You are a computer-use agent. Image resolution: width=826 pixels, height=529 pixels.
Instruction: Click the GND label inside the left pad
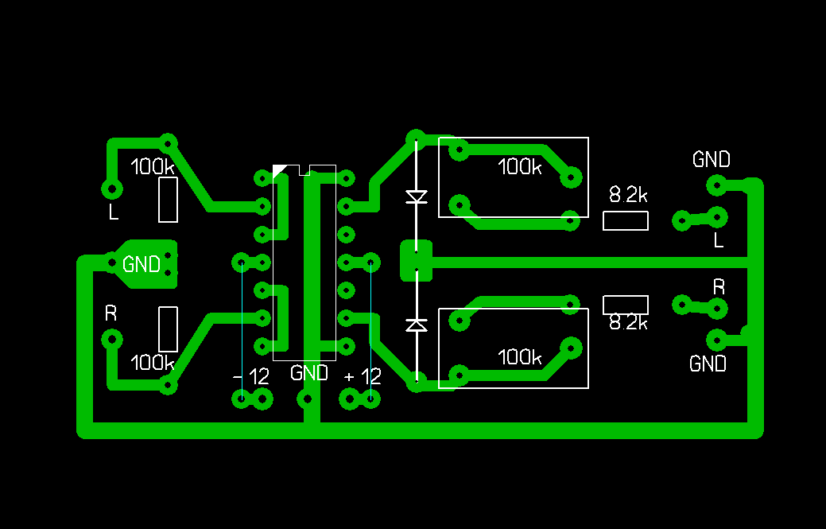tap(142, 264)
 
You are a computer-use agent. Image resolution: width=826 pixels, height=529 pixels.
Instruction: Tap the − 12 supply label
tap(251, 377)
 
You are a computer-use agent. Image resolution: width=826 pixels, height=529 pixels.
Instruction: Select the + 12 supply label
tap(363, 377)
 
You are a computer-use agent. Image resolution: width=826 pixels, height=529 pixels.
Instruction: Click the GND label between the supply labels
tap(308, 373)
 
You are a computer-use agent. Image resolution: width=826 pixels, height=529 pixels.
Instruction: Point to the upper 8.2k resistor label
tap(628, 194)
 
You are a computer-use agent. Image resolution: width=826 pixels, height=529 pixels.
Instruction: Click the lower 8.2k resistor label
tap(628, 323)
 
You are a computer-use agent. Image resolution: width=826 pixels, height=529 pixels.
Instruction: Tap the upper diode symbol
tap(416, 196)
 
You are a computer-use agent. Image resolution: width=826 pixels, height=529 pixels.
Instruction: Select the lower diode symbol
tap(416, 325)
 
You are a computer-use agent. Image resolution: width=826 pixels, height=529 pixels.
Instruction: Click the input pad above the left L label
tap(112, 189)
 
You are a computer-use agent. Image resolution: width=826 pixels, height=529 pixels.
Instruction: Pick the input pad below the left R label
tap(112, 340)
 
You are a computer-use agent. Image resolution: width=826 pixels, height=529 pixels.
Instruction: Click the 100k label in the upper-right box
tap(519, 167)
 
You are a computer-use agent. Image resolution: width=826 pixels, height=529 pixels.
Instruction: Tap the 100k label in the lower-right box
tap(519, 357)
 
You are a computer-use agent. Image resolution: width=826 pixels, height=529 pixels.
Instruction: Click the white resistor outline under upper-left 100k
tap(168, 200)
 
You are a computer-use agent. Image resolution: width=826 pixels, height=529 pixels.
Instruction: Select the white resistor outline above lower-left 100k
tap(168, 329)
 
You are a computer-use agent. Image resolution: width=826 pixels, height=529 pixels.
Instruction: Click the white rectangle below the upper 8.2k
tap(625, 221)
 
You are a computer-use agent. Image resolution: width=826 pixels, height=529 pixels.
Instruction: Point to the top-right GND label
tap(711, 160)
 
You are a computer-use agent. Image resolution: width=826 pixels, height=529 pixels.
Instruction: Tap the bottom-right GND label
tap(708, 364)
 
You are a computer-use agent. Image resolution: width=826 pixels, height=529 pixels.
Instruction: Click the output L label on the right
tap(719, 239)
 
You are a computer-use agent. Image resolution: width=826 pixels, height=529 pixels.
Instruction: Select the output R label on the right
tap(719, 287)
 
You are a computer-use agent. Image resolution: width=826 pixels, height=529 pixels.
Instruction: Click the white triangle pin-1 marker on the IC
tap(278, 169)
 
